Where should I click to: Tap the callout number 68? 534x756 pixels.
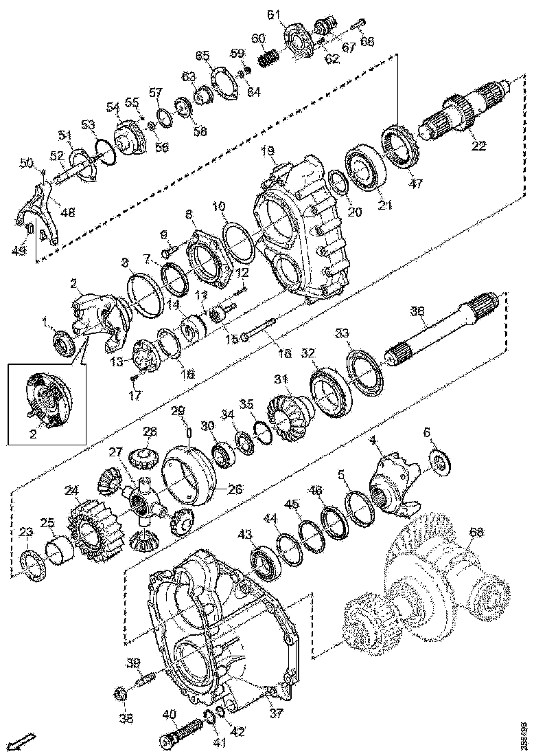coord(475,531)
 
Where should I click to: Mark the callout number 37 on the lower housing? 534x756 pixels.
coord(275,713)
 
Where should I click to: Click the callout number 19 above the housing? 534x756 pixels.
coord(267,151)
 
